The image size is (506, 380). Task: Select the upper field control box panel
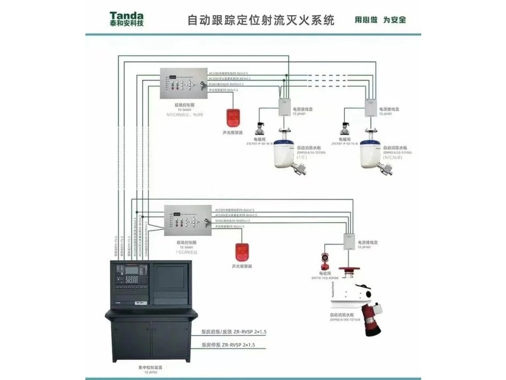185,82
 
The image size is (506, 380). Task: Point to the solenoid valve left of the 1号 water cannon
260,125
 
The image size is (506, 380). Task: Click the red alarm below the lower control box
240,251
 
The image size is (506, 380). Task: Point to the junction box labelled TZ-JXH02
347,241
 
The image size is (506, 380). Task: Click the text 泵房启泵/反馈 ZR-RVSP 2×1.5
234,331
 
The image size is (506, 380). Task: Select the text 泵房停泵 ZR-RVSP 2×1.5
228,345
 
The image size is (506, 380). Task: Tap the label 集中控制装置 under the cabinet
151,367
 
